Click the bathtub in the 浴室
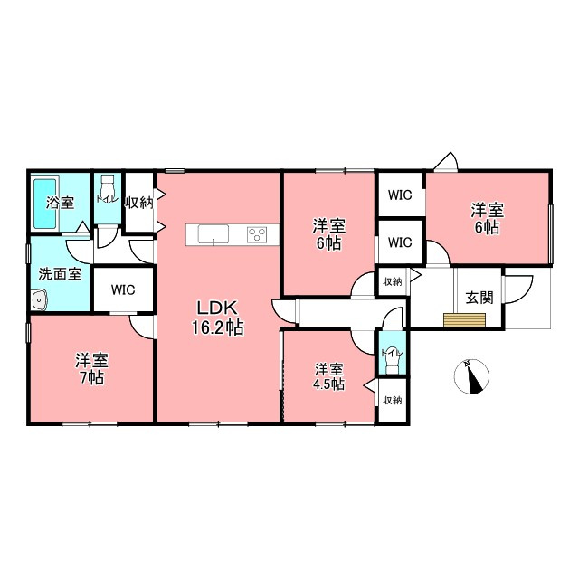[x=45, y=204]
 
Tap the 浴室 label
[x=61, y=203]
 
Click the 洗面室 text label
[x=60, y=274]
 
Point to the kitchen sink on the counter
[x=214, y=234]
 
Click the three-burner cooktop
[x=257, y=234]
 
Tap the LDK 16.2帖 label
[x=217, y=318]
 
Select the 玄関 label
[x=479, y=298]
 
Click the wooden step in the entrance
[x=464, y=320]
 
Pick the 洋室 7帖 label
[x=91, y=368]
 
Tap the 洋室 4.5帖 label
[x=329, y=376]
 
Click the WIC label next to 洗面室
[x=123, y=289]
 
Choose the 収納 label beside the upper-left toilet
[x=139, y=203]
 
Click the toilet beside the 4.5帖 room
[x=392, y=359]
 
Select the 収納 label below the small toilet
[x=392, y=400]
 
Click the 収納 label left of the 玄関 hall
[x=392, y=281]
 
